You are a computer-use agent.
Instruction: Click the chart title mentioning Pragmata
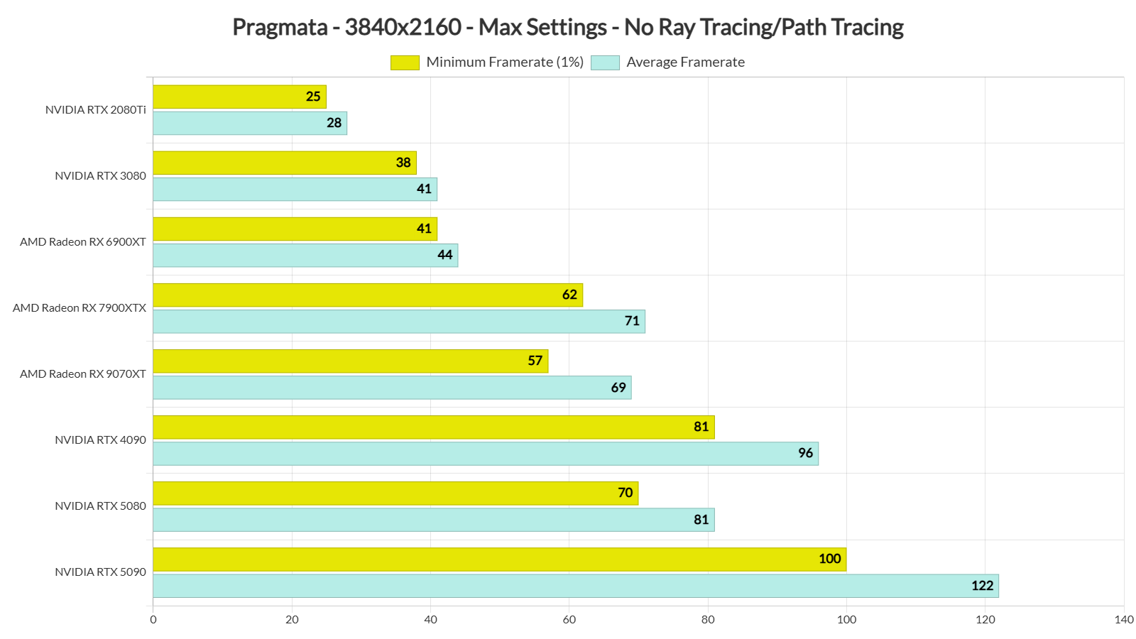567,27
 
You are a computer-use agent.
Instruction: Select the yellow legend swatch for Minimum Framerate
405,62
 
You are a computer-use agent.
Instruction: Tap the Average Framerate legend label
685,62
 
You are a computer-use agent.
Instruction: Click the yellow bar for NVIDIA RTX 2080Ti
239,97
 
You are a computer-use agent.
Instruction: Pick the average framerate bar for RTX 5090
575,586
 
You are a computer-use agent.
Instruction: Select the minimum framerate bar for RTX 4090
433,427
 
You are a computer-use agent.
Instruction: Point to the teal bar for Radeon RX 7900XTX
398,321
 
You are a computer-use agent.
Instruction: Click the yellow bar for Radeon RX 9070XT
350,361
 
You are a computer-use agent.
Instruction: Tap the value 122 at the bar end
982,586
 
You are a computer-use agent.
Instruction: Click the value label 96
805,453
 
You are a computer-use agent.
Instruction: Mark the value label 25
313,97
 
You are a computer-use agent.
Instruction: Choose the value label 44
444,255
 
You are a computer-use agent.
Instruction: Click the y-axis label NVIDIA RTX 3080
100,175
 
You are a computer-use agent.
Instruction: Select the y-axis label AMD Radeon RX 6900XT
83,241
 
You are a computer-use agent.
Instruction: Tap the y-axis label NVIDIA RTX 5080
100,506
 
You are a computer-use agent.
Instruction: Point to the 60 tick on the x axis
569,619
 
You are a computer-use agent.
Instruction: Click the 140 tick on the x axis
1124,619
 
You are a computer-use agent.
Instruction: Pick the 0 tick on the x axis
153,619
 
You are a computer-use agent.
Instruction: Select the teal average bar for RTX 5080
433,520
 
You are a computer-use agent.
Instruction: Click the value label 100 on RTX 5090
829,559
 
